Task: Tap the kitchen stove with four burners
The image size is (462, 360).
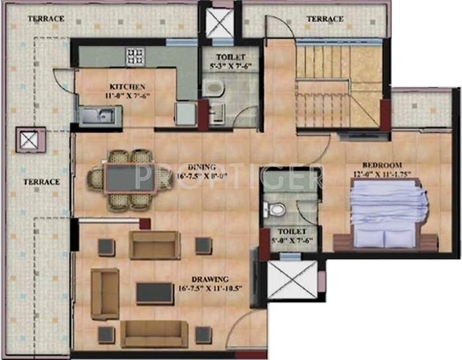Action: [137, 56]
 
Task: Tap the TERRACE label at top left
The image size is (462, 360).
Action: [46, 18]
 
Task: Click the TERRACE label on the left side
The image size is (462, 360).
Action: [42, 182]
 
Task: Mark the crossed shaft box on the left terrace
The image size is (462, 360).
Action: [28, 140]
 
